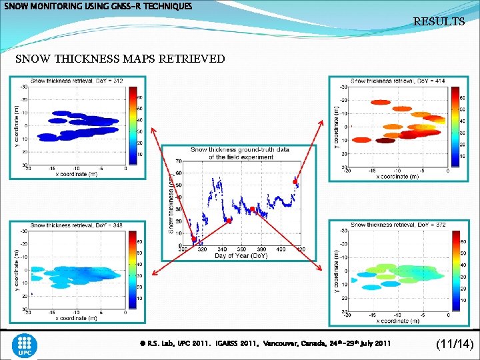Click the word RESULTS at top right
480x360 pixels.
click(439, 22)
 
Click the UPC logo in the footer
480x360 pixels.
click(25, 345)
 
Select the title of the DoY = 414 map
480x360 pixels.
click(399, 81)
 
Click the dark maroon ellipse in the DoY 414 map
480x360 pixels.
click(385, 141)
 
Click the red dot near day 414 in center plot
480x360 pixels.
click(295, 181)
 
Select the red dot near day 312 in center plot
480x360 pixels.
click(194, 239)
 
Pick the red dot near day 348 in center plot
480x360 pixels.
click(228, 220)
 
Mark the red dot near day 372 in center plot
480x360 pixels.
click(253, 210)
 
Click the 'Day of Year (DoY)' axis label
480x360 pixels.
click(241, 255)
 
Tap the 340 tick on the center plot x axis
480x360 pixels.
click(223, 249)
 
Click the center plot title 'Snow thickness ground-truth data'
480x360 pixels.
click(240, 150)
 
